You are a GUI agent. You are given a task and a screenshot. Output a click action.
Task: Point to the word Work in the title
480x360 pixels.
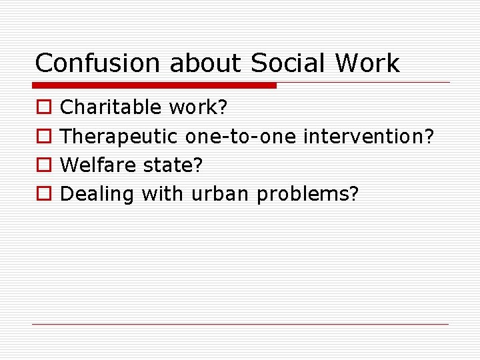[x=368, y=63]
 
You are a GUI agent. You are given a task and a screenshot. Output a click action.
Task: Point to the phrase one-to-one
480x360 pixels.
[x=241, y=137]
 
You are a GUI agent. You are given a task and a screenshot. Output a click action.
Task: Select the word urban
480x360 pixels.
[x=221, y=194]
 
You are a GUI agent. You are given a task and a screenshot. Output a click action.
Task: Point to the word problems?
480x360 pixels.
[x=308, y=195]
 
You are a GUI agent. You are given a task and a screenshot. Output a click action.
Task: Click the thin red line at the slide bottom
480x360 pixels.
[x=240, y=324]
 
